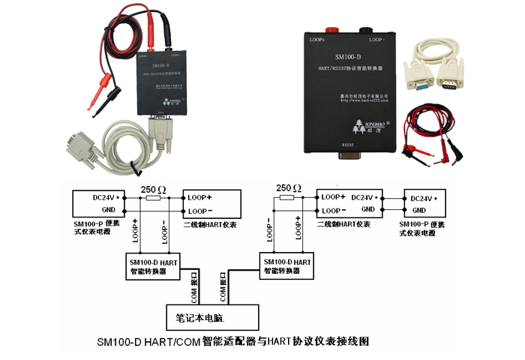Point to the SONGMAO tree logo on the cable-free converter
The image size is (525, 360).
[x=355, y=122]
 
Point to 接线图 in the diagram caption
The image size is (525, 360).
[x=352, y=341]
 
